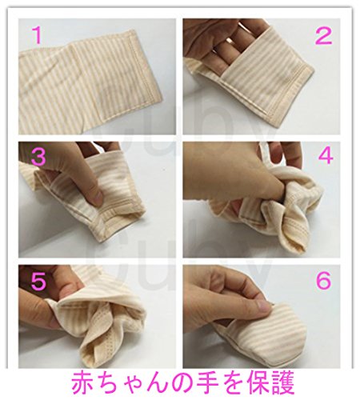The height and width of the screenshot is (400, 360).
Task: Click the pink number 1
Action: [x=38, y=36]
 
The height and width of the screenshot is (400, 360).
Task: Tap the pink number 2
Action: [x=324, y=36]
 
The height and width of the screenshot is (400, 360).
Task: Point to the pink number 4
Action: [x=326, y=156]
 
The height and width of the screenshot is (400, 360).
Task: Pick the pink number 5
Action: [x=38, y=281]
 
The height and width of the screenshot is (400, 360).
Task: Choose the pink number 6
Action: [x=323, y=280]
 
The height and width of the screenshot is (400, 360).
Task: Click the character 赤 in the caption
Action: [x=83, y=383]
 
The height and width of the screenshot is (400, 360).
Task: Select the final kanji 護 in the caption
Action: [x=282, y=383]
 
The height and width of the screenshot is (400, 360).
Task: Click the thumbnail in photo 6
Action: [x=263, y=306]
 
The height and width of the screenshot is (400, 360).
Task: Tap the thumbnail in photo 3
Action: [x=96, y=198]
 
